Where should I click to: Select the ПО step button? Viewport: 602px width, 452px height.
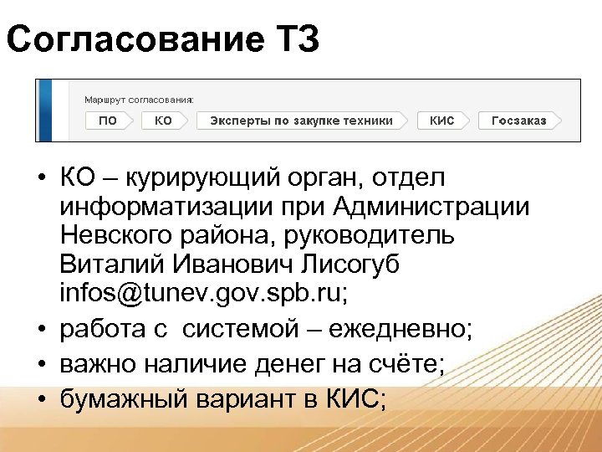click(108, 121)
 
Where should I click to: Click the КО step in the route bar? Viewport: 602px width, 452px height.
click(164, 121)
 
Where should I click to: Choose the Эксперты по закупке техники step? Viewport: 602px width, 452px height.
click(301, 121)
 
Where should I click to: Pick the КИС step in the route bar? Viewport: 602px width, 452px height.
click(442, 121)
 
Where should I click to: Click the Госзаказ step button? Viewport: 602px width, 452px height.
click(518, 121)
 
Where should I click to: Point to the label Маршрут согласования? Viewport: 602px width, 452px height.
click(139, 100)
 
